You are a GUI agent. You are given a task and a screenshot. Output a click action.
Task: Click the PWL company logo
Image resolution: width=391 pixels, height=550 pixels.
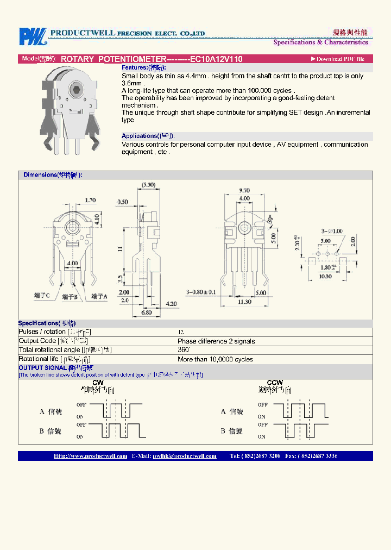click(x=33, y=36)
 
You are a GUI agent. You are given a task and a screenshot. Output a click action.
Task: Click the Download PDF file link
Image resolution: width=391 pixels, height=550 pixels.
click(x=337, y=59)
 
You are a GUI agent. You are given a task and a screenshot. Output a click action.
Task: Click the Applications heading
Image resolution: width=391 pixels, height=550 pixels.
click(x=148, y=136)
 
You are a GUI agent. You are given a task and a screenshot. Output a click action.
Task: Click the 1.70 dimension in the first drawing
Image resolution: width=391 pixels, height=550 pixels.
click(x=90, y=201)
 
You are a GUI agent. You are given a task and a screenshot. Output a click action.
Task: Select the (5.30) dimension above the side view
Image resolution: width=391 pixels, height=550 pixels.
click(x=148, y=185)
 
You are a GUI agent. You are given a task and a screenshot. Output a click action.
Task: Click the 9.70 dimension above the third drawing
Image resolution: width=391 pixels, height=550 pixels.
click(x=244, y=191)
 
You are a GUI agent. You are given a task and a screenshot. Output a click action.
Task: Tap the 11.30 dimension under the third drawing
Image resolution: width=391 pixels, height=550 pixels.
click(x=244, y=302)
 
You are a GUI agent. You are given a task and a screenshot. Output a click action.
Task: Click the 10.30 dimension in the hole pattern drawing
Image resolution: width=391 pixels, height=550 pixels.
click(x=325, y=277)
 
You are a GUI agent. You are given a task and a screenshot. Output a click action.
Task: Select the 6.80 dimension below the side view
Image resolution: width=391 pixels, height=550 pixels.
click(x=147, y=312)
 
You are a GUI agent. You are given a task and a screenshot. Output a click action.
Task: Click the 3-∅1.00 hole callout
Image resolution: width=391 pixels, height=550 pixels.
click(x=332, y=231)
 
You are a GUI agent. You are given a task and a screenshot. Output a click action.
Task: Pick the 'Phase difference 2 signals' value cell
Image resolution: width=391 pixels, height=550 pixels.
click(x=216, y=341)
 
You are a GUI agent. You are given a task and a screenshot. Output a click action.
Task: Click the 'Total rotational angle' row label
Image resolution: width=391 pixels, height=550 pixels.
click(x=65, y=350)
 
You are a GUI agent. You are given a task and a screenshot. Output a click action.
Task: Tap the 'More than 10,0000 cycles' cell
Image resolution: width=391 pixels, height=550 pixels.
click(x=215, y=359)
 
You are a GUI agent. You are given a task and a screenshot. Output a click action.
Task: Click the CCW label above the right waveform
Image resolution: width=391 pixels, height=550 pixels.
click(x=275, y=383)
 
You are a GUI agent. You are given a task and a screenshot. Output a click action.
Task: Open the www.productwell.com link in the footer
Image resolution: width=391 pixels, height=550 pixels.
click(x=90, y=456)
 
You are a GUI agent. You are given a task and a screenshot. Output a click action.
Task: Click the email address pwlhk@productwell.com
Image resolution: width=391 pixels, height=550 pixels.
click(x=185, y=456)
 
